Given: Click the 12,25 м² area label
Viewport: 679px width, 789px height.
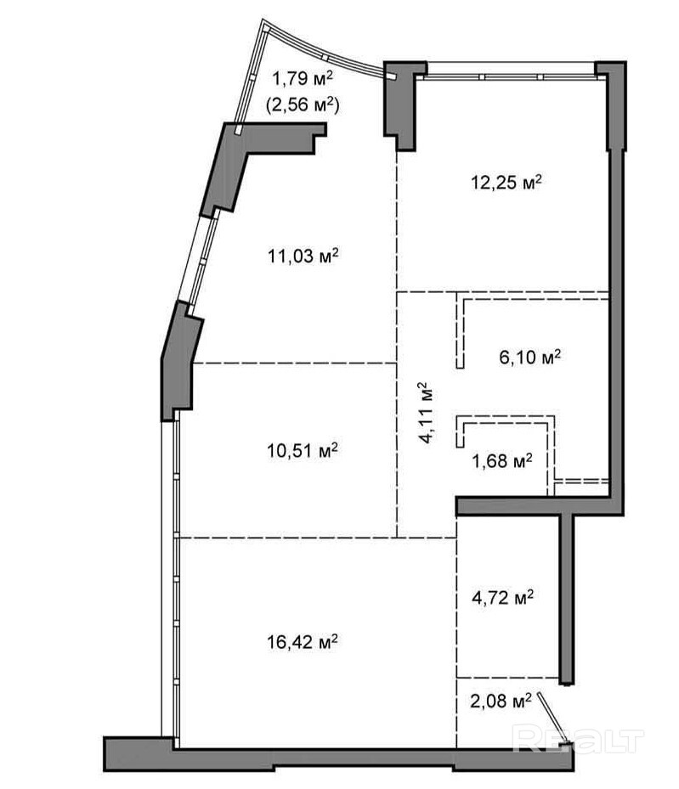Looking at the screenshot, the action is (x=506, y=182).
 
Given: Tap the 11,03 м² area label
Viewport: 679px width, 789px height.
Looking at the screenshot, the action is (x=303, y=256).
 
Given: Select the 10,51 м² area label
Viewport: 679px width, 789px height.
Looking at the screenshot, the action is (x=302, y=449).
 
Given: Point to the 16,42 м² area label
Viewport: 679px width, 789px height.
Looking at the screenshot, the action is (x=302, y=641).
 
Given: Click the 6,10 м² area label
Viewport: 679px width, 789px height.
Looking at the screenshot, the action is (x=530, y=357).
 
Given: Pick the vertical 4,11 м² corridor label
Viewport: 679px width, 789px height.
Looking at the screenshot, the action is (x=427, y=412).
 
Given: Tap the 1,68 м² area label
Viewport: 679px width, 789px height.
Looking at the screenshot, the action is (x=502, y=460).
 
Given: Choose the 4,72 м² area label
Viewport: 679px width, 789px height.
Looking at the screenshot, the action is (x=502, y=598).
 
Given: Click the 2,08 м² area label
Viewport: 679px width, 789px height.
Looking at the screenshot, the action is (x=501, y=700).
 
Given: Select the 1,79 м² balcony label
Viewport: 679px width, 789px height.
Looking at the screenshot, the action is (x=303, y=78).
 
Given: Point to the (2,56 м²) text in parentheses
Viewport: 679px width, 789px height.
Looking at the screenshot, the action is (x=303, y=104).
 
